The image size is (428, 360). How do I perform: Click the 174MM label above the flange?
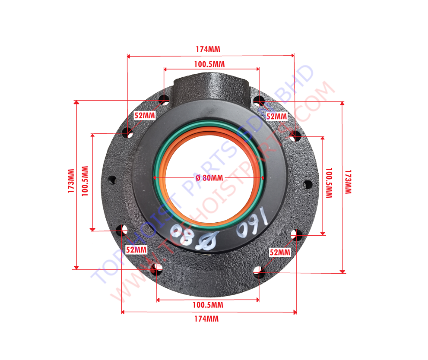tap(208, 49)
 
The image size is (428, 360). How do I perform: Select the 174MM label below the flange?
tap(206, 319)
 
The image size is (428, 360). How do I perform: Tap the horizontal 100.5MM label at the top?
tap(209, 64)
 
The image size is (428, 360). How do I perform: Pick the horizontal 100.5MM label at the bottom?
tap(208, 305)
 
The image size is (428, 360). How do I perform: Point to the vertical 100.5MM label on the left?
tap(85, 181)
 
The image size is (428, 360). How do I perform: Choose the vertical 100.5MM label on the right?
tap(329, 183)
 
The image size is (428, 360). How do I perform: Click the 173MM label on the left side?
tap(71, 181)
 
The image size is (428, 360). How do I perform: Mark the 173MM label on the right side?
tap(348, 182)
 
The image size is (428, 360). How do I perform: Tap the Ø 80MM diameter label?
tap(209, 178)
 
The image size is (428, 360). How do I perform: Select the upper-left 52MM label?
tap(145, 116)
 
